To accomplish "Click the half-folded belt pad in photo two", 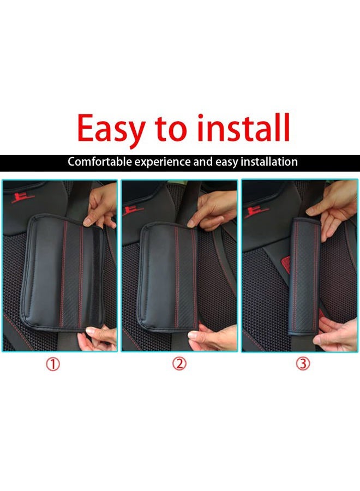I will click(x=169, y=276).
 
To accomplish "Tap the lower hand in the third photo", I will click(x=335, y=333).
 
